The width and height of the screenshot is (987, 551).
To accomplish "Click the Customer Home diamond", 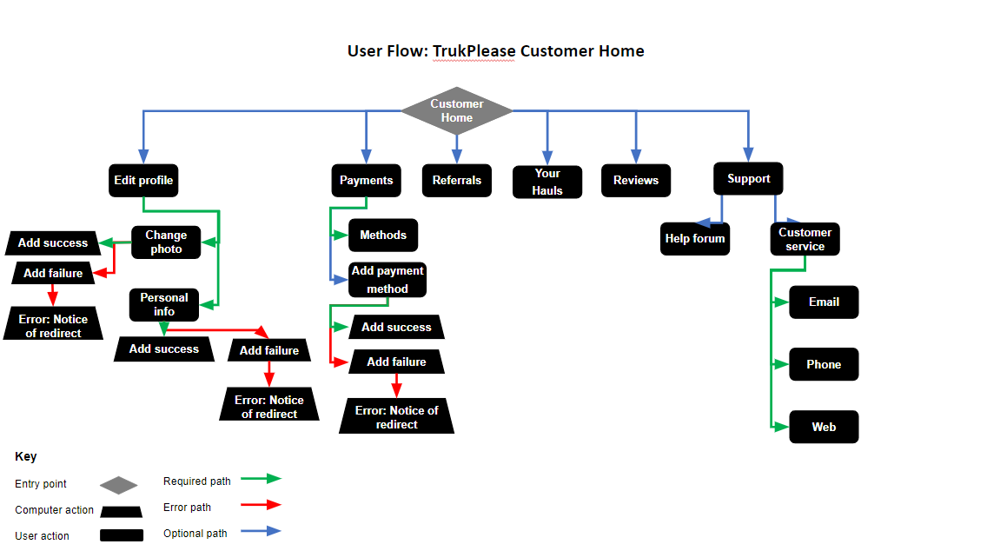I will click(457, 111).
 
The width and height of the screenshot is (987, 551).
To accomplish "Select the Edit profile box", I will click(143, 181).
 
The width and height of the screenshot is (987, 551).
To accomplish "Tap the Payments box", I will click(366, 181).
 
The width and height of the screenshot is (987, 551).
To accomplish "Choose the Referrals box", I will click(457, 181).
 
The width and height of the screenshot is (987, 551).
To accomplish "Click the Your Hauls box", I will click(547, 182).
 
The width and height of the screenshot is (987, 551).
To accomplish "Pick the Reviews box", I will click(636, 181).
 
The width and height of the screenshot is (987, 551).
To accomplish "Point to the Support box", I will click(749, 179).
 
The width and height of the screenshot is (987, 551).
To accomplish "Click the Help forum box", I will click(695, 239).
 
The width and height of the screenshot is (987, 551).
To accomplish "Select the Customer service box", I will click(805, 239).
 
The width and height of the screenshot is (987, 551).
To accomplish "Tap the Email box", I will click(824, 302).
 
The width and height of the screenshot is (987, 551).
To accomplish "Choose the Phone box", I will click(824, 365).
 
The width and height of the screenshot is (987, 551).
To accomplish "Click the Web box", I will click(824, 427).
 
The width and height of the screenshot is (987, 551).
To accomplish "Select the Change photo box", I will click(166, 242).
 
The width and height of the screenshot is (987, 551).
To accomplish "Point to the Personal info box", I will click(164, 304).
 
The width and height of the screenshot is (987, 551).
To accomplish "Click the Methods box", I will click(383, 236).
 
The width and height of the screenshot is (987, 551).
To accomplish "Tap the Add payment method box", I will click(388, 280).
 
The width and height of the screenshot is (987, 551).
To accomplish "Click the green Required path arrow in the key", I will click(261, 478).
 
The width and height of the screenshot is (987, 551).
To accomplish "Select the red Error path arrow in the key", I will click(261, 504).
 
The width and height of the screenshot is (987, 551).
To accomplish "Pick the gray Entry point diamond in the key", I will click(119, 485).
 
